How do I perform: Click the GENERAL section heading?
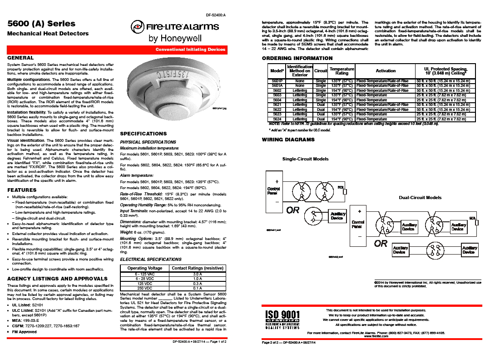click(x=20, y=58)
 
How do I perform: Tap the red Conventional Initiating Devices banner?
click(x=190, y=49)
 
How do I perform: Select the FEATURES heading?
click(x=22, y=190)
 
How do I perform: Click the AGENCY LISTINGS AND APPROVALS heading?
click(x=58, y=278)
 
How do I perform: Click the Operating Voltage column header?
click(x=145, y=268)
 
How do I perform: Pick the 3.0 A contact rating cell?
click(x=197, y=275)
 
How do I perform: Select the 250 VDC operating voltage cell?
click(x=145, y=288)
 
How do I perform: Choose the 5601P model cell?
click(x=277, y=81)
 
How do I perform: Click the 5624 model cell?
click(x=277, y=119)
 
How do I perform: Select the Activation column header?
click(x=386, y=70)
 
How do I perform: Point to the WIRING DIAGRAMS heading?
click(x=288, y=140)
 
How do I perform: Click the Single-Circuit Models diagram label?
click(x=306, y=159)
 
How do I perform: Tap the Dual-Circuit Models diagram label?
click(x=420, y=198)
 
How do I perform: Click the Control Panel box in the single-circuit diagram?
click(x=274, y=191)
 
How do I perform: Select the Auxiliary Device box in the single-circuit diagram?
click(x=337, y=216)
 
